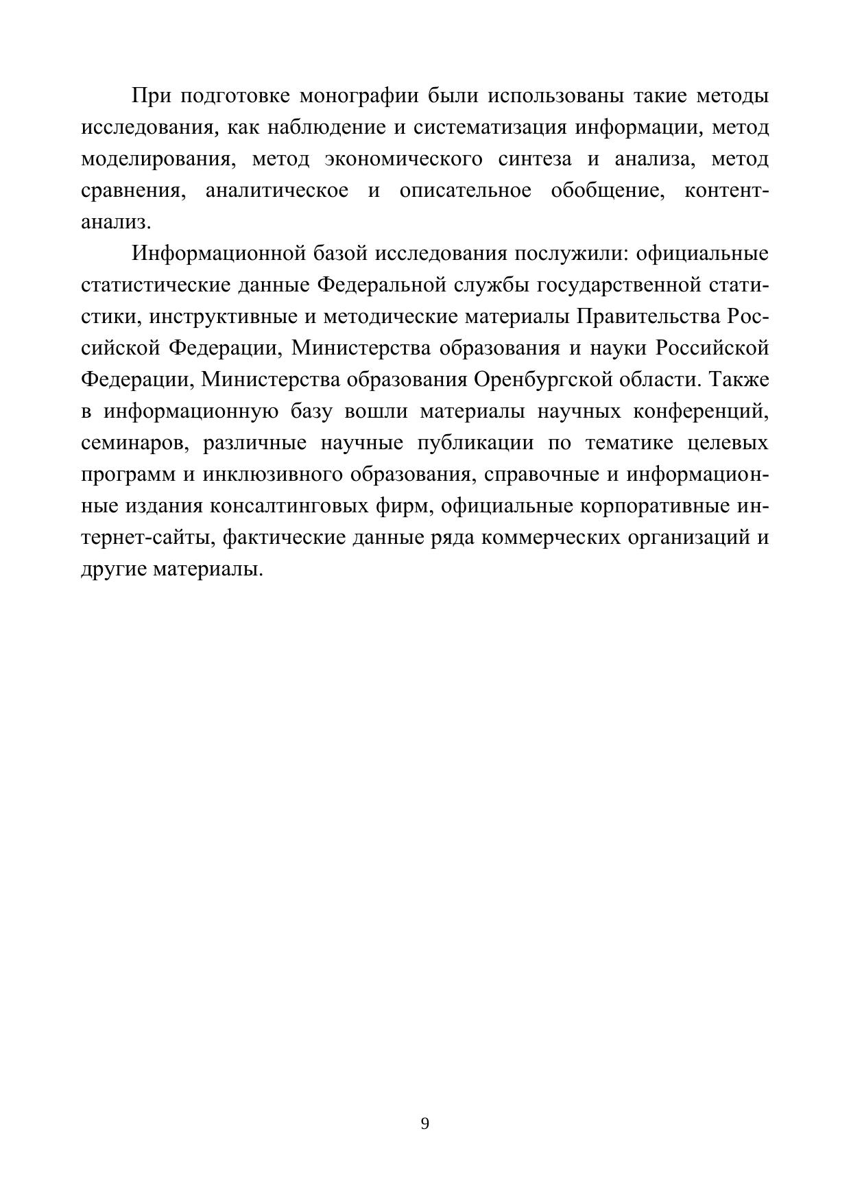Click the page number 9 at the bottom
click(x=424, y=1123)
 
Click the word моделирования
click(x=155, y=160)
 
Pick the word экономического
click(x=403, y=160)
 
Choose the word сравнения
click(x=133, y=191)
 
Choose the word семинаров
click(x=134, y=443)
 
